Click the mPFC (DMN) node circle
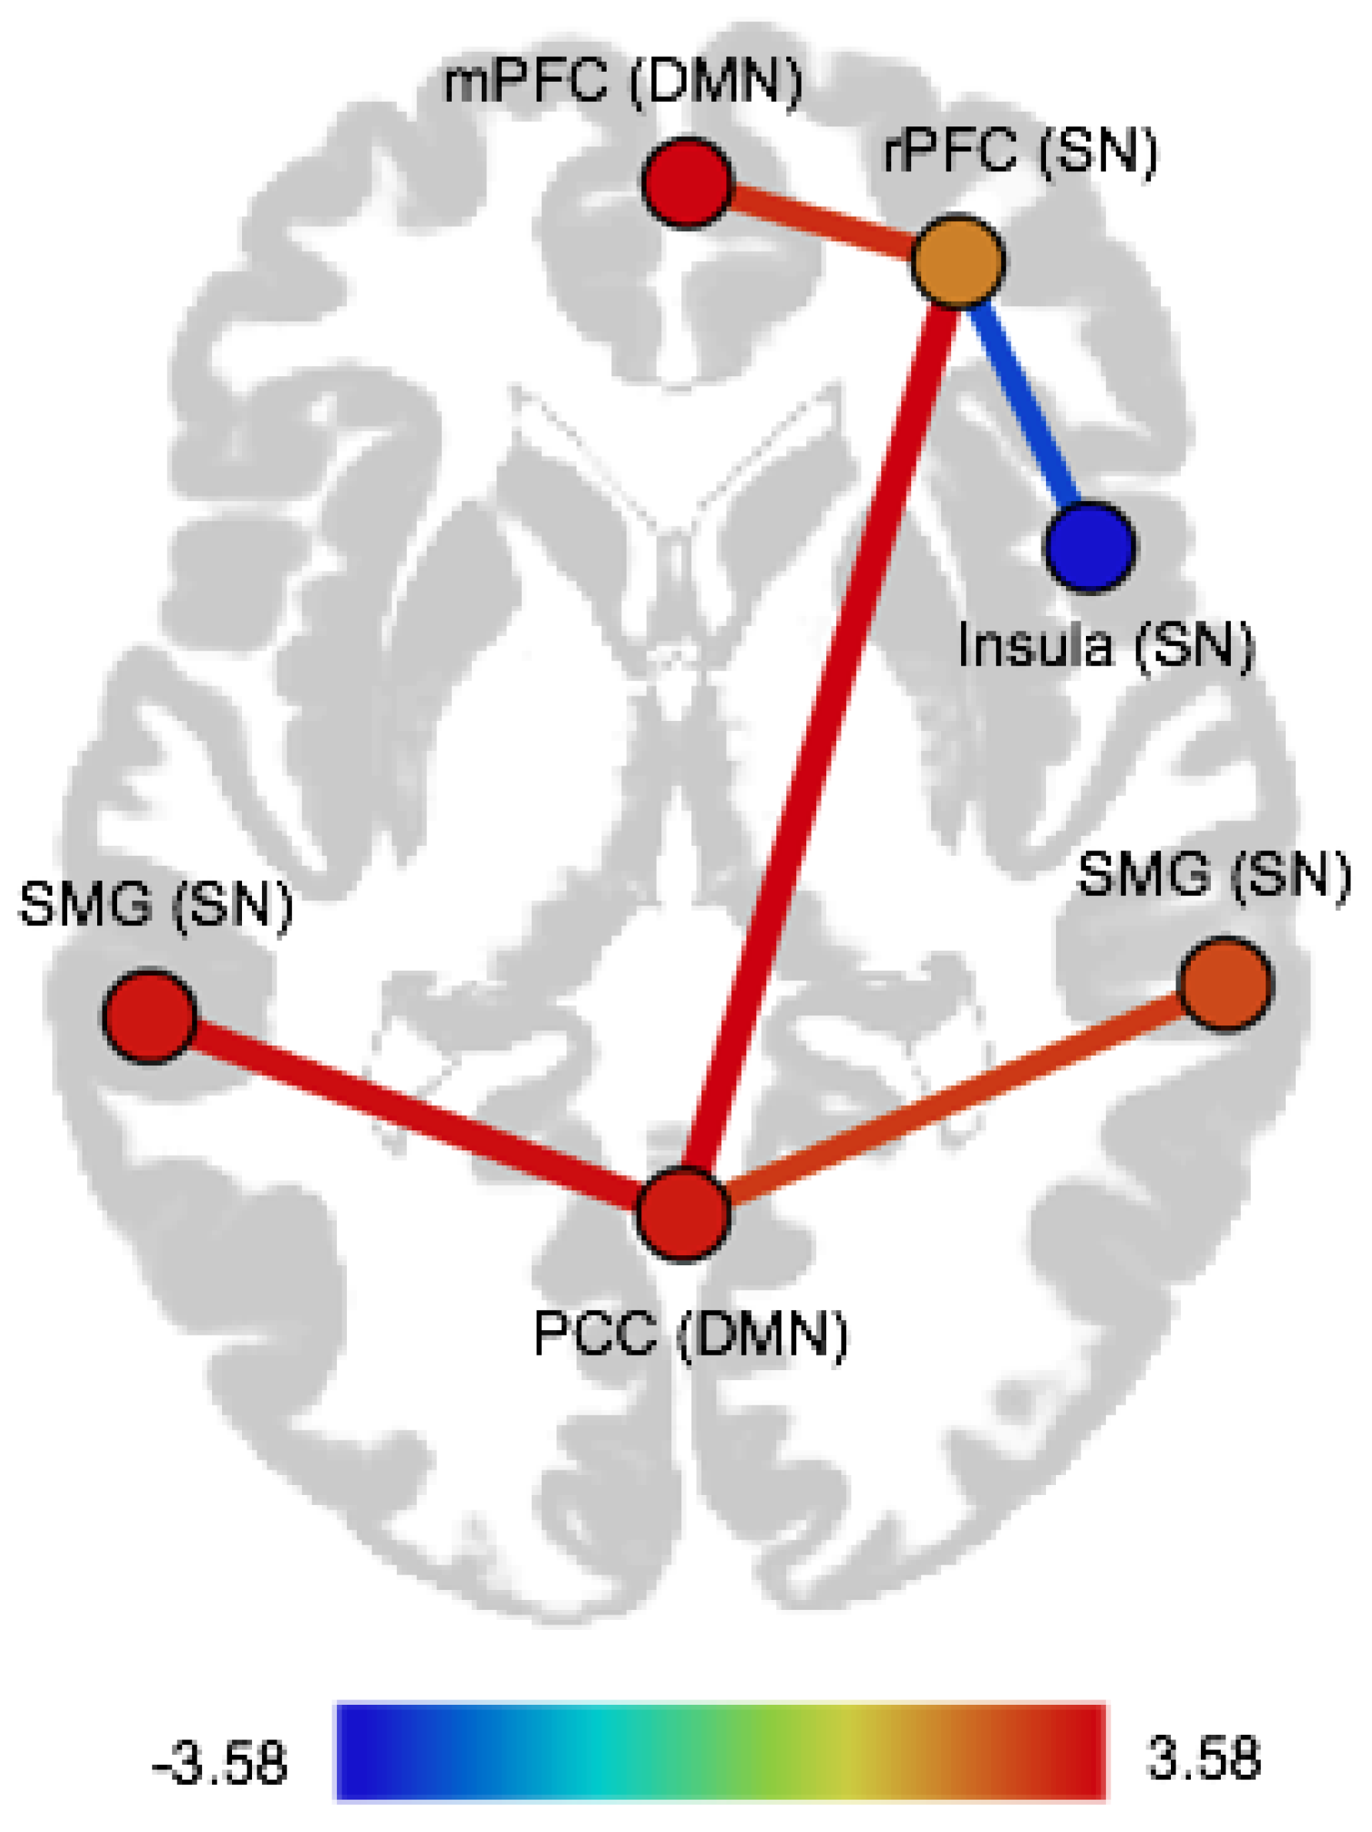[x=688, y=182]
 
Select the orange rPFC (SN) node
[x=957, y=261]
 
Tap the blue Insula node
[x=1090, y=546]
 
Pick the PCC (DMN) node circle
[x=684, y=1215]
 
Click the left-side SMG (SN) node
[x=149, y=1015]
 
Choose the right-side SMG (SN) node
[x=1225, y=984]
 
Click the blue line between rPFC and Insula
[x=1024, y=403]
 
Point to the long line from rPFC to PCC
[x=819, y=737]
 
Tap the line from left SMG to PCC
[x=414, y=1114]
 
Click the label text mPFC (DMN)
[x=623, y=83]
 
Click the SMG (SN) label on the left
[x=156, y=904]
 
